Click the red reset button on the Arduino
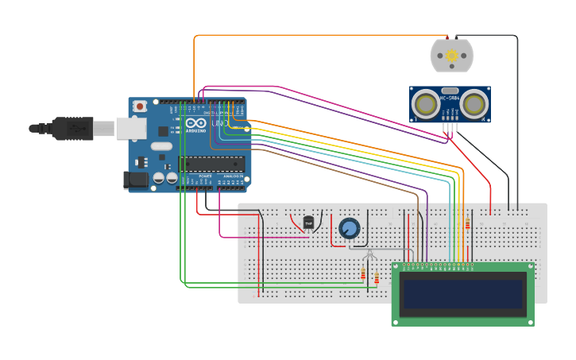point(140,106)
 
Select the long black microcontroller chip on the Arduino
point(211,164)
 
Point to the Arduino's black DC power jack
point(137,180)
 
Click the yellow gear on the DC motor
point(451,56)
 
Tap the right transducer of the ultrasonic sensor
point(474,104)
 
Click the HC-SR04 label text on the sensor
point(450,98)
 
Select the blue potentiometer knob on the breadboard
point(349,229)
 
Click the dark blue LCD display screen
point(462,293)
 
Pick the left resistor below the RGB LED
point(364,275)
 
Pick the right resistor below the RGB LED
point(377,277)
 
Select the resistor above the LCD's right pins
point(467,224)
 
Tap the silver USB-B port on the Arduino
point(131,127)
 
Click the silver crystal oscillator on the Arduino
point(161,145)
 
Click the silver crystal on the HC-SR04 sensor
point(450,90)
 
